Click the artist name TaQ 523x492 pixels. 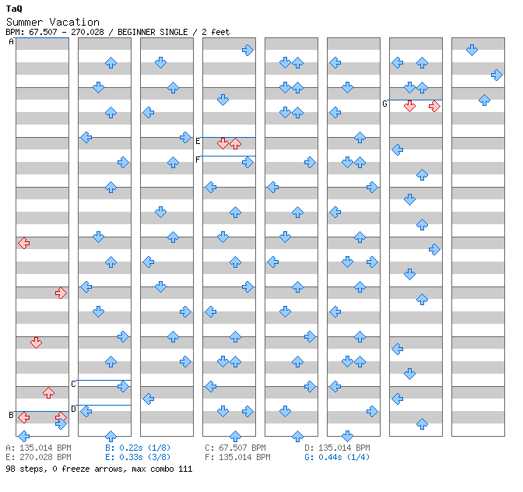click(x=14, y=9)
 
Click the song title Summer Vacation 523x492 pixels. click(x=52, y=22)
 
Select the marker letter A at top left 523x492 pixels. click(x=12, y=42)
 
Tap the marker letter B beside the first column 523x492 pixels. click(x=12, y=415)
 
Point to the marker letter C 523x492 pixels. click(x=74, y=384)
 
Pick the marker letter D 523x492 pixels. click(x=74, y=409)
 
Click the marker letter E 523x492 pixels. click(x=198, y=141)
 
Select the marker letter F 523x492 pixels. click(x=198, y=160)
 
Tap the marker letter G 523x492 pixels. click(x=385, y=104)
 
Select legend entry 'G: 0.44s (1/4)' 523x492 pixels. click(x=336, y=457)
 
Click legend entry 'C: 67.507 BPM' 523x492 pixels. click(x=235, y=448)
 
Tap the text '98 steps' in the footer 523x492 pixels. click(x=23, y=469)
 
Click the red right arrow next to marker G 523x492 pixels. click(x=434, y=106)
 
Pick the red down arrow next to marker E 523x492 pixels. click(x=223, y=143)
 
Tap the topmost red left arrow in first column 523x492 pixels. click(x=23, y=243)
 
